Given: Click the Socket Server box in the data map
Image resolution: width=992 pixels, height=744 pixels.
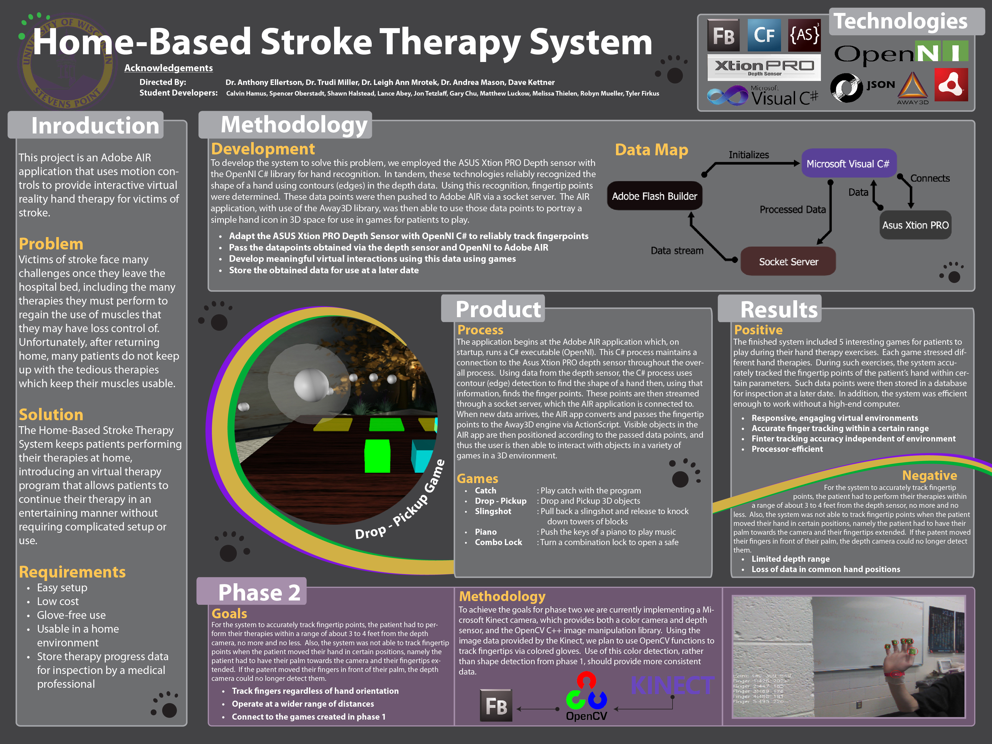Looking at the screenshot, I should tap(788, 261).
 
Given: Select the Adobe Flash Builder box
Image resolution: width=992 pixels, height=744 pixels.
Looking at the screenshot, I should tap(654, 196).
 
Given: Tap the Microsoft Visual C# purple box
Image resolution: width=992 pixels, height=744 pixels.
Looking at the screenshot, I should tap(848, 164).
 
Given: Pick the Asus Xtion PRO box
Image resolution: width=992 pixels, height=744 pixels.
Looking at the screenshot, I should tap(915, 225).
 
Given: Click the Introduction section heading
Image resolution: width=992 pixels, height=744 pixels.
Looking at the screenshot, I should tap(95, 125).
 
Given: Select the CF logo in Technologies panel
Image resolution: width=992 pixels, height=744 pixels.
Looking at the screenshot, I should tap(764, 35).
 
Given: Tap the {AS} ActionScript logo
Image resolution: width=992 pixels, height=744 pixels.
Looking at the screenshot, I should tap(804, 35).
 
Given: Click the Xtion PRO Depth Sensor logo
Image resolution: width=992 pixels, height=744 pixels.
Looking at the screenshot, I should tap(764, 67).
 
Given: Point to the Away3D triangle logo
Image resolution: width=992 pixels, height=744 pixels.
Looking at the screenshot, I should tap(912, 86).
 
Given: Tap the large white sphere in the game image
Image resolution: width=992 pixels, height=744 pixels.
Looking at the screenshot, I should tap(311, 385).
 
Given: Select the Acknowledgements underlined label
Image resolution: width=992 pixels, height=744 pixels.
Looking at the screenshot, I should tap(168, 68).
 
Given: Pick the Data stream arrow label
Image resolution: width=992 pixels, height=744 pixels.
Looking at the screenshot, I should tap(677, 251).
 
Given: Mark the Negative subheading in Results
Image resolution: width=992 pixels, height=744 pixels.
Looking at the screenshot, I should tap(929, 475).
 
